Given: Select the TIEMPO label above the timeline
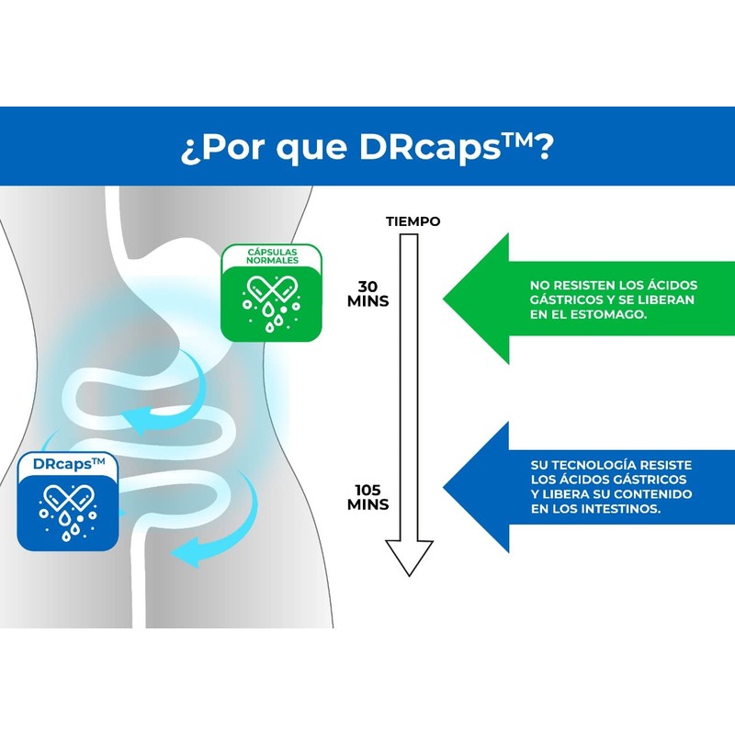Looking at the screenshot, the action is (x=413, y=221).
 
